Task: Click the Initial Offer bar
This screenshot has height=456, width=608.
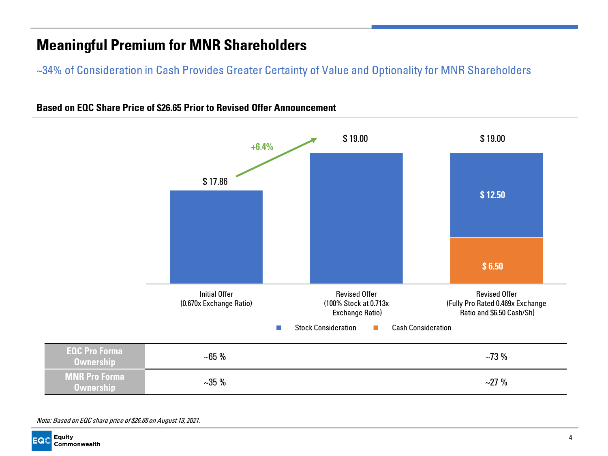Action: (216, 237)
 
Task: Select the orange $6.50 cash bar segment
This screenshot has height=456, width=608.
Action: (496, 261)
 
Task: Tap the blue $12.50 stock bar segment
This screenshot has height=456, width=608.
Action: (496, 195)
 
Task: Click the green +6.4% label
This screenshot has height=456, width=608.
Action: (262, 147)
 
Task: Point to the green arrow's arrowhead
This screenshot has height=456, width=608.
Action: (314, 140)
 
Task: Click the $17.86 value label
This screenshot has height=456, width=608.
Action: (215, 182)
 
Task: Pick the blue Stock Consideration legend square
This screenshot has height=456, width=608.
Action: (278, 328)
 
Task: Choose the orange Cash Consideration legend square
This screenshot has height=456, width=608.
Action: (376, 328)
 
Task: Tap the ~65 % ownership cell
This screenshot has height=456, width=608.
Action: (215, 357)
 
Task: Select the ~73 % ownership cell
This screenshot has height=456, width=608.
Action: (496, 357)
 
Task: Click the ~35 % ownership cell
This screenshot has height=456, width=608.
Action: (215, 382)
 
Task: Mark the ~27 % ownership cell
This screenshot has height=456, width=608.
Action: (496, 382)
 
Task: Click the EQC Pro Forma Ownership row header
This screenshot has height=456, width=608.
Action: (94, 356)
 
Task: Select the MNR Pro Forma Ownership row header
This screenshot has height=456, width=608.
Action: (94, 382)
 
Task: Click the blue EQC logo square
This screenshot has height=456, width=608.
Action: (41, 441)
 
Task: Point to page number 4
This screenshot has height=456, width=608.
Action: (570, 438)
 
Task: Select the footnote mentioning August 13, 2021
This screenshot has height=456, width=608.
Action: (118, 420)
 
